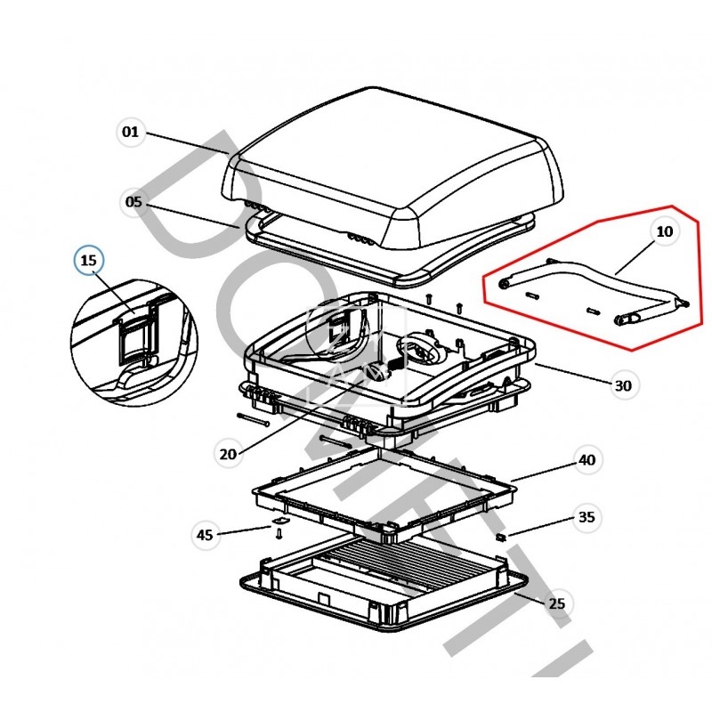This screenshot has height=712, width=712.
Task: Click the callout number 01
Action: [131, 133]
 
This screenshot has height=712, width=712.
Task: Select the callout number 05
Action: [133, 203]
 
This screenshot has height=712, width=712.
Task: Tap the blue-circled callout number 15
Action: [88, 262]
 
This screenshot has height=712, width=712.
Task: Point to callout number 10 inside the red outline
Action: [665, 231]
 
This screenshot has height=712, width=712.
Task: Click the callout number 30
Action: [623, 385]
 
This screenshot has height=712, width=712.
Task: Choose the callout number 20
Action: [228, 453]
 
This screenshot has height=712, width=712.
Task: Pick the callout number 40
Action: [587, 460]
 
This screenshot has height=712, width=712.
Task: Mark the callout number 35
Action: [587, 517]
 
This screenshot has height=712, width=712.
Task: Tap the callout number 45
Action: [205, 535]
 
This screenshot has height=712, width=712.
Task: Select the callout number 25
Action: [556, 604]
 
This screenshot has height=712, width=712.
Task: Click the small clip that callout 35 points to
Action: [501, 537]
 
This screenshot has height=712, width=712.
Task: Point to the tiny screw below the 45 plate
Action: [279, 534]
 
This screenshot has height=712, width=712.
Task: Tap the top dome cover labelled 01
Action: [392, 169]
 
